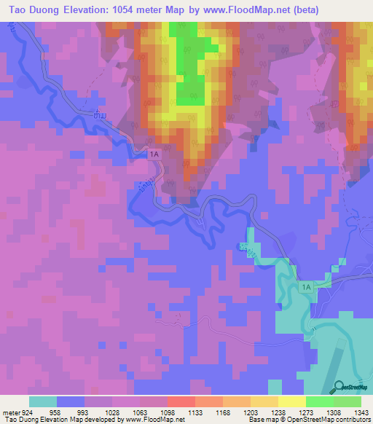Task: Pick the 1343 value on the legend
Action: [x=360, y=412]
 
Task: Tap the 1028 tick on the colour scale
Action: [x=111, y=412]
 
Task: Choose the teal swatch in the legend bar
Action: [x=43, y=401]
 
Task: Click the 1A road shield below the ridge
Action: [x=154, y=154]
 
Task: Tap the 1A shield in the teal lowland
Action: [x=307, y=288]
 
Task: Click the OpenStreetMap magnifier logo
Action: [x=339, y=388]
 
